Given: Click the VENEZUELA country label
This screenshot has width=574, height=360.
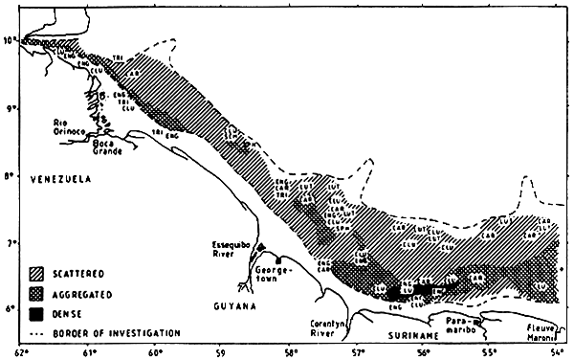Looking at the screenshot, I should coord(60,179).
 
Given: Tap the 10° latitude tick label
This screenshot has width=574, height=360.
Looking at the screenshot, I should coord(10,40).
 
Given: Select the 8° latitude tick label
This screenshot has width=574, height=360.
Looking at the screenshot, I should coord(10,176).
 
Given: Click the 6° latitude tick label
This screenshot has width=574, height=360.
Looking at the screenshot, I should coord(10,309).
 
